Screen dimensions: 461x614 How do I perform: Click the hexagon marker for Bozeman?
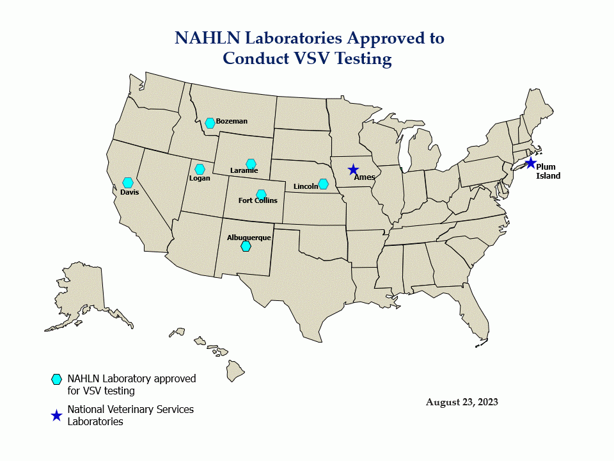(x=210, y=123)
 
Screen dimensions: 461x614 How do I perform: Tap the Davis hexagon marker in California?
(x=128, y=183)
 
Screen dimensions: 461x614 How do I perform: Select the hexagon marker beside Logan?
(x=200, y=170)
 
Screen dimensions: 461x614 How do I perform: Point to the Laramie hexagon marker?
(x=251, y=164)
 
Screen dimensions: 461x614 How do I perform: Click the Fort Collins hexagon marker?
(x=261, y=195)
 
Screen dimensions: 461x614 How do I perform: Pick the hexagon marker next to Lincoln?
(x=323, y=184)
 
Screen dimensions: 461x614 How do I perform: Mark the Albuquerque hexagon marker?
(x=246, y=246)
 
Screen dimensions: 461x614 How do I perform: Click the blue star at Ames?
(x=353, y=170)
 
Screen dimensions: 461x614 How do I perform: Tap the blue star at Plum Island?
(x=530, y=163)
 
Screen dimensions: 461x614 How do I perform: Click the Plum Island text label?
(x=547, y=172)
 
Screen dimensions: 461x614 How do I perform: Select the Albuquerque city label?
(x=249, y=238)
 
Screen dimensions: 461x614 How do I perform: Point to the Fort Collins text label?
(x=258, y=200)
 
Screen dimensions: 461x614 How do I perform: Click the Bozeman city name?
(x=232, y=121)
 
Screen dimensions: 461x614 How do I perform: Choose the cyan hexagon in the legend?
(x=56, y=379)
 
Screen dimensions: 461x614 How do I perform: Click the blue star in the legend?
(x=56, y=416)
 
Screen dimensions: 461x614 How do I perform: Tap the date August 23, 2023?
(x=462, y=402)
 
